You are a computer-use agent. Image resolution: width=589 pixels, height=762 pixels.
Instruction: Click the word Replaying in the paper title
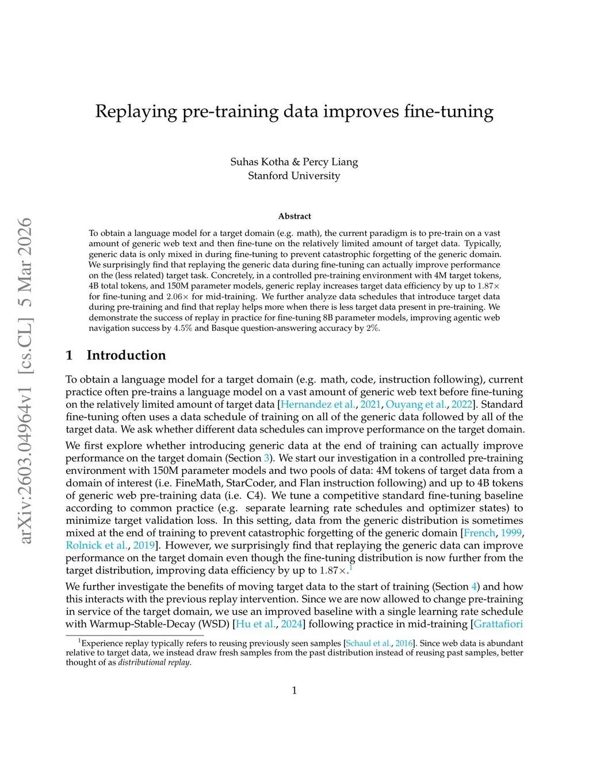tap(136, 112)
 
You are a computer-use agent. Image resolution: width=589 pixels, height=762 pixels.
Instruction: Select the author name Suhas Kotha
tap(259, 162)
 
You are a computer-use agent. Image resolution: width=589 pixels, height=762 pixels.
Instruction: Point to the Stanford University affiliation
tap(294, 175)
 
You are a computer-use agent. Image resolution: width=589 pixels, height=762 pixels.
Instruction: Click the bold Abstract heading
tap(294, 216)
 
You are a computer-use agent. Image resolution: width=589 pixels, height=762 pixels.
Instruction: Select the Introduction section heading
tap(126, 355)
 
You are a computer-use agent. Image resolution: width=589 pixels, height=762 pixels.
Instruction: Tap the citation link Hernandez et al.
tap(318, 404)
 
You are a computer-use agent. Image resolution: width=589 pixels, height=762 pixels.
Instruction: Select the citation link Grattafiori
tap(498, 624)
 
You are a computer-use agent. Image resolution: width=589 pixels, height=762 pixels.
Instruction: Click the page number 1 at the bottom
tap(294, 690)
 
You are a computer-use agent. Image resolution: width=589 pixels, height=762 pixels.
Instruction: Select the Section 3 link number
tap(267, 458)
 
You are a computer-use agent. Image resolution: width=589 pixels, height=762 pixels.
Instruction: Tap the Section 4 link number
tap(474, 587)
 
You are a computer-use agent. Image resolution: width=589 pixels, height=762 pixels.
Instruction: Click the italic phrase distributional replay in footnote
tap(154, 663)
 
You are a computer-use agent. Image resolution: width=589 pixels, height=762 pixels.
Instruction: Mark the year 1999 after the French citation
tap(511, 533)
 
